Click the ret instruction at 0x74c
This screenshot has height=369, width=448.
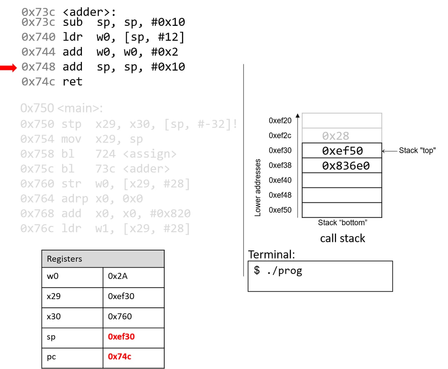(x=72, y=81)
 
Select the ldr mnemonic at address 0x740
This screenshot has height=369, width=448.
(x=72, y=37)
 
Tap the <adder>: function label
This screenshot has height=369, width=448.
(x=89, y=12)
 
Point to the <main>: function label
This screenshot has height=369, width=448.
(x=80, y=108)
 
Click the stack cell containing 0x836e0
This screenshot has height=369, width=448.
(x=342, y=165)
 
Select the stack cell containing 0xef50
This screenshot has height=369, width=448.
(x=342, y=151)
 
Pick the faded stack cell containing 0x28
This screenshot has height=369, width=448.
(x=342, y=136)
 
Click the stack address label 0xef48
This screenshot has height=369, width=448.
(x=280, y=195)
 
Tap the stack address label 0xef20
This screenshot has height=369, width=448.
(x=280, y=120)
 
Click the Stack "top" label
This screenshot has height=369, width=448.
(x=417, y=150)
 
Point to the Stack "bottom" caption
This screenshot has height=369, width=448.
(x=342, y=222)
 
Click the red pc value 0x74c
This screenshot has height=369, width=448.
(x=119, y=356)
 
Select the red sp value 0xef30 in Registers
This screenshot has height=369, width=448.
(x=121, y=336)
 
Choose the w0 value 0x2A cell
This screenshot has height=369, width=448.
(x=133, y=276)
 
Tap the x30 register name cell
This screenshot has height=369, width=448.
(x=72, y=317)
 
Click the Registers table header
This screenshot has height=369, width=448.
(x=103, y=259)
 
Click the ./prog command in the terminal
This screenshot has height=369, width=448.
(x=284, y=270)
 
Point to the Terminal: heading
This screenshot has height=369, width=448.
(x=271, y=254)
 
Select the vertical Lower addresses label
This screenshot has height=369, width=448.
(x=258, y=187)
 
